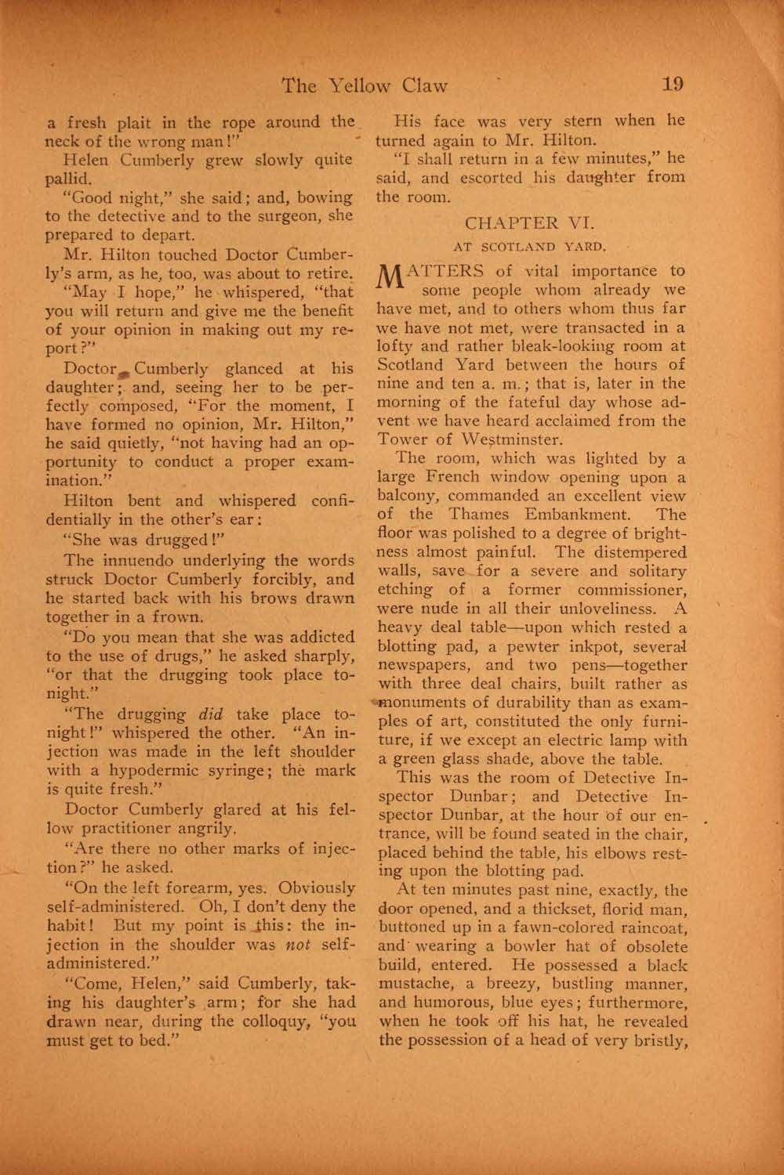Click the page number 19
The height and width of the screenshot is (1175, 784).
tap(673, 85)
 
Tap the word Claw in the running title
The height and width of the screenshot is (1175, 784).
tap(420, 85)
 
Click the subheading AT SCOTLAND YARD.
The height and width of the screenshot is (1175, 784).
tap(530, 247)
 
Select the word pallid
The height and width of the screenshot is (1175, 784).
tap(69, 179)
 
